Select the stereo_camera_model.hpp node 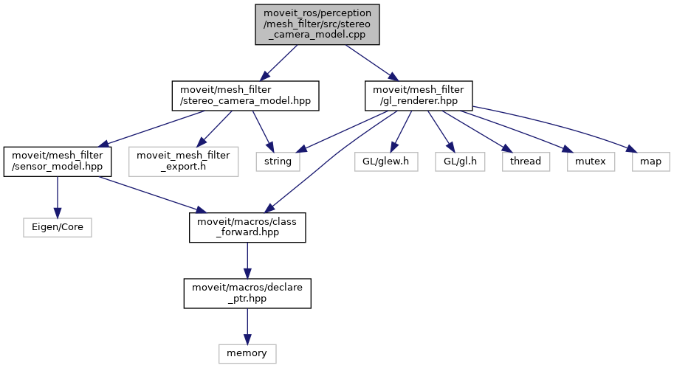click(245, 96)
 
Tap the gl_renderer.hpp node click(419, 96)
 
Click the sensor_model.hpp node click(58, 161)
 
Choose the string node click(278, 161)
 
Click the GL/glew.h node click(386, 161)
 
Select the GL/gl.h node click(459, 161)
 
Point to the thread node click(526, 161)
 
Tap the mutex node click(591, 161)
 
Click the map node click(650, 161)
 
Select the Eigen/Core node click(58, 226)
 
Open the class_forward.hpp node click(247, 226)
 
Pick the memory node click(247, 353)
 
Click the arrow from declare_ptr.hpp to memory click(247, 324)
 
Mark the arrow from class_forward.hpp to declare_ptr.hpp click(247, 260)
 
